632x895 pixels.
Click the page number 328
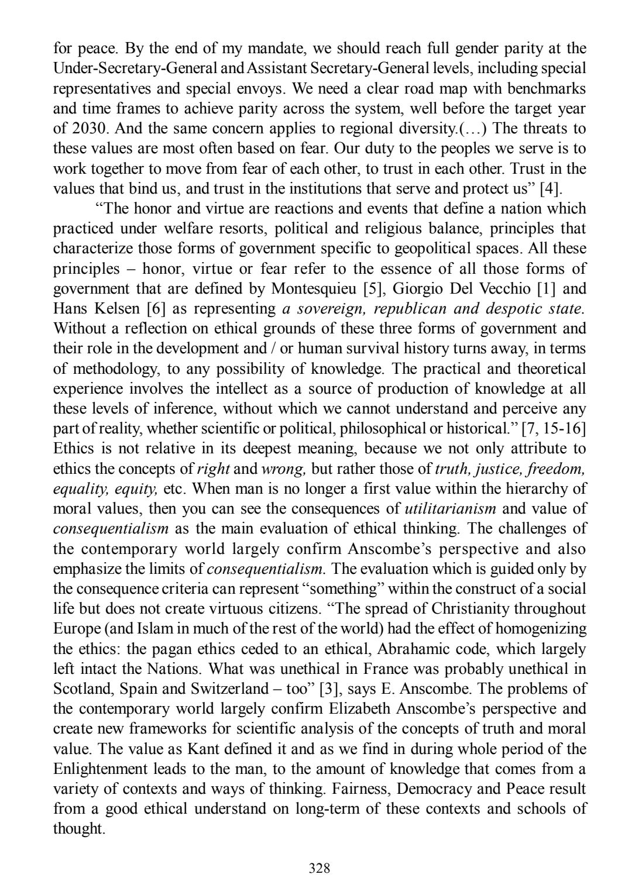320,868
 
